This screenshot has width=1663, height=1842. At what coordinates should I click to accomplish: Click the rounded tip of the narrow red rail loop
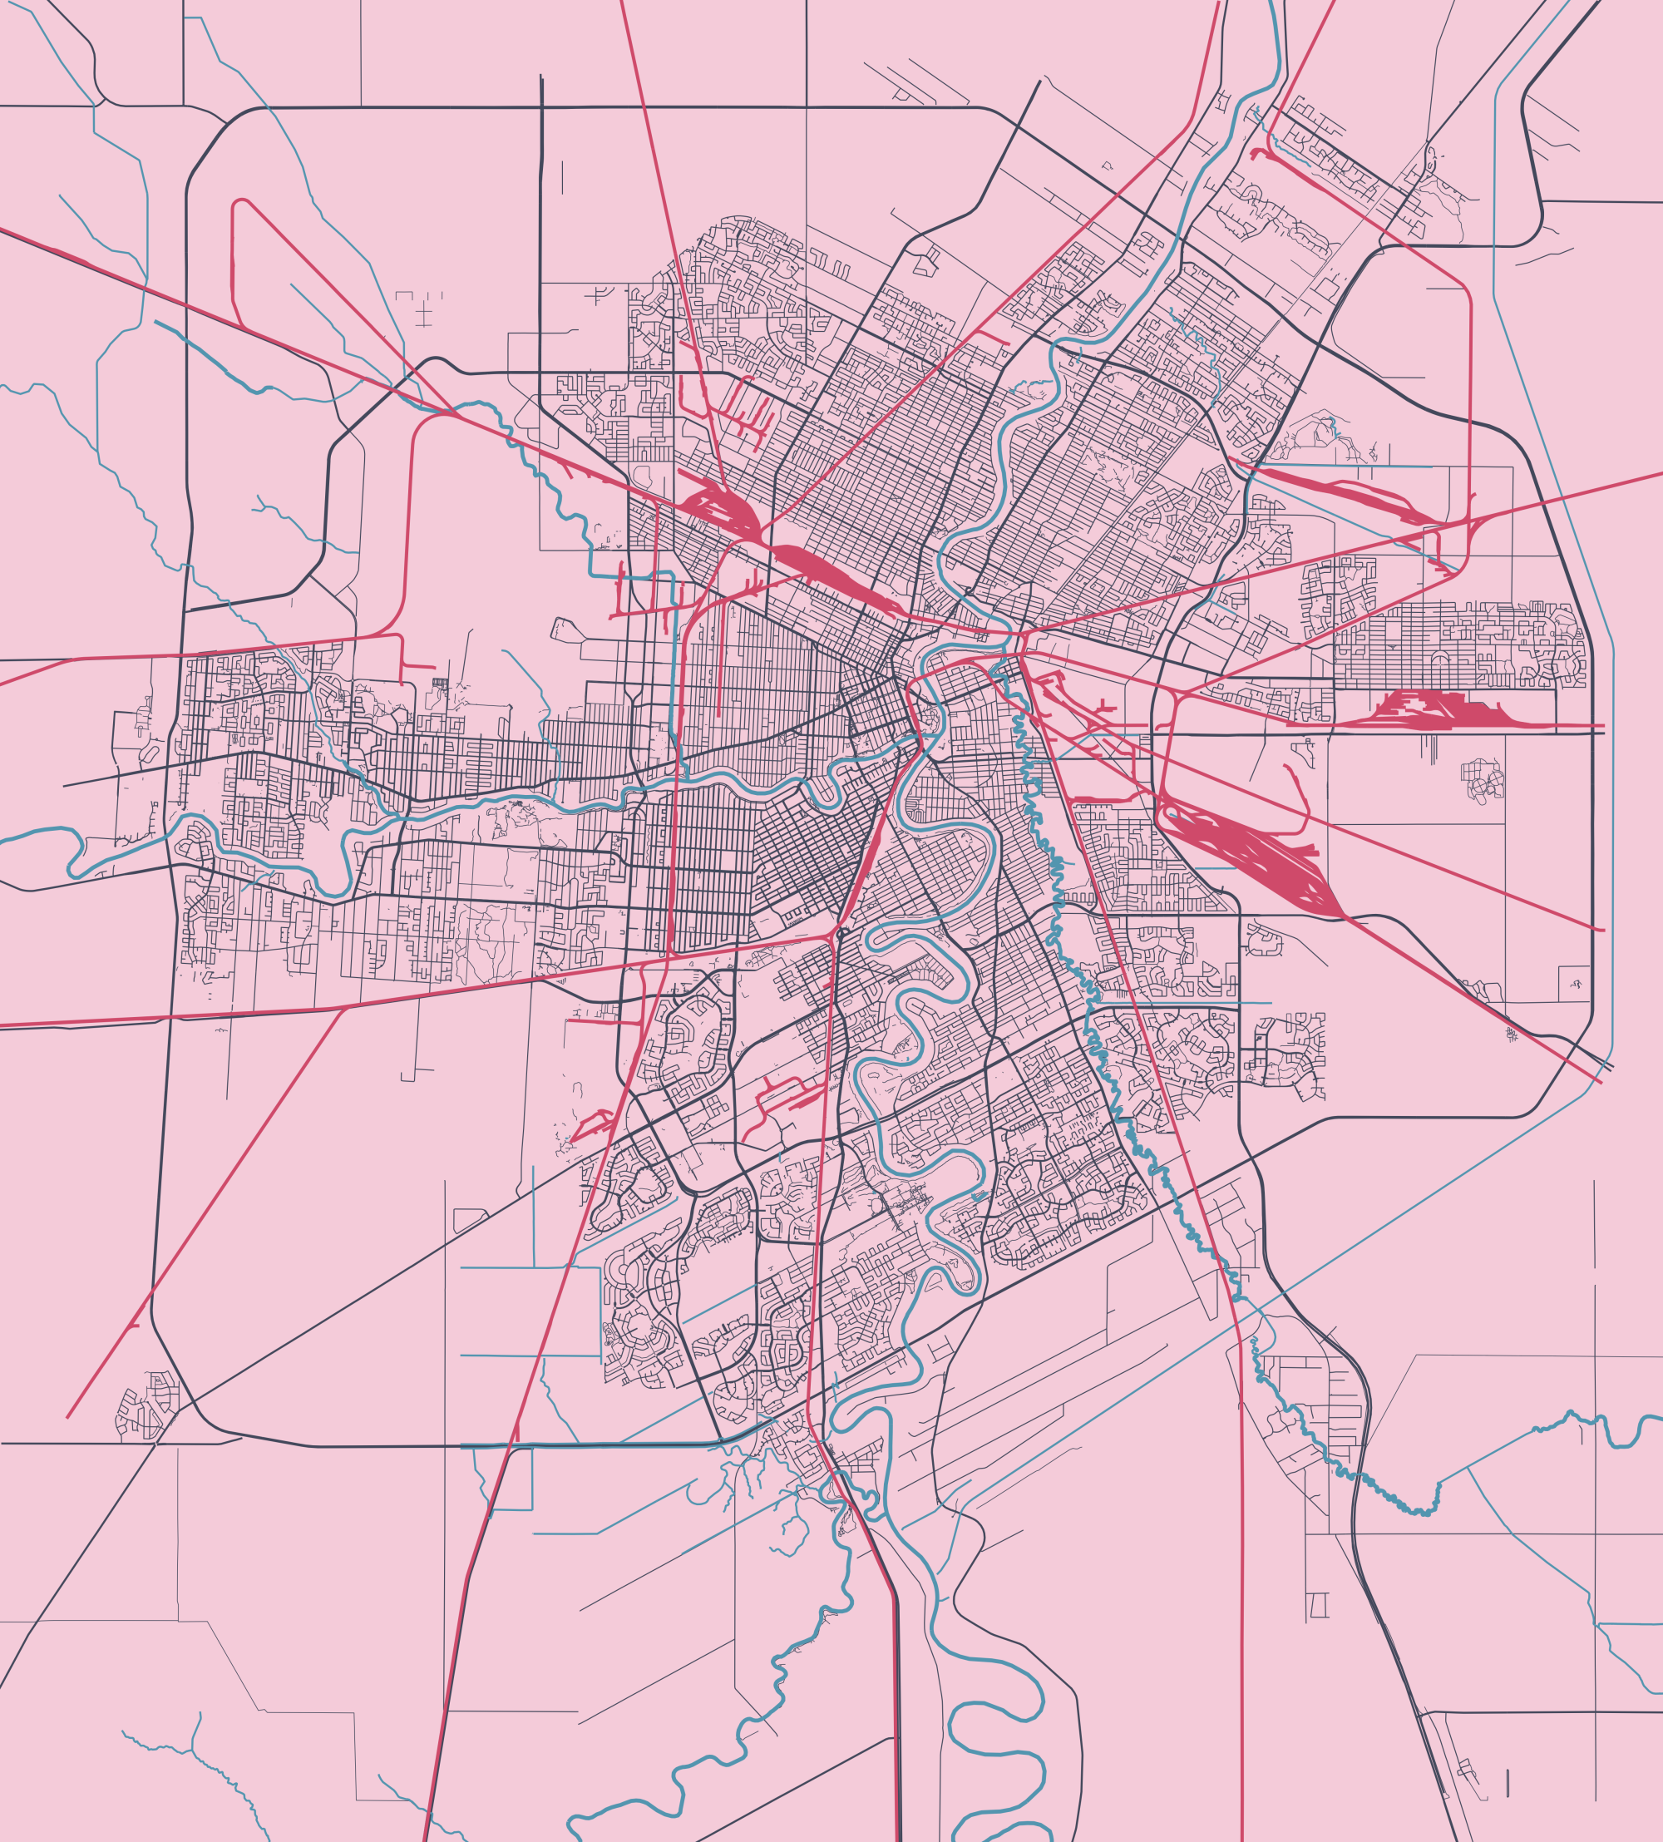tap(240, 203)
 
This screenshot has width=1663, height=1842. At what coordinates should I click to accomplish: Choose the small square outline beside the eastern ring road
tap(1573, 982)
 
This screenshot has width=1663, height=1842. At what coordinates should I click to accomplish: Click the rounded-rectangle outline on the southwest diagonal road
tap(470, 1219)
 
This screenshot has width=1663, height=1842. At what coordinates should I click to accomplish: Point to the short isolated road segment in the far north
tap(562, 177)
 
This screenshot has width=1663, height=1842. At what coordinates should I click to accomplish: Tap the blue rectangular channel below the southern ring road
tap(511, 1479)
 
